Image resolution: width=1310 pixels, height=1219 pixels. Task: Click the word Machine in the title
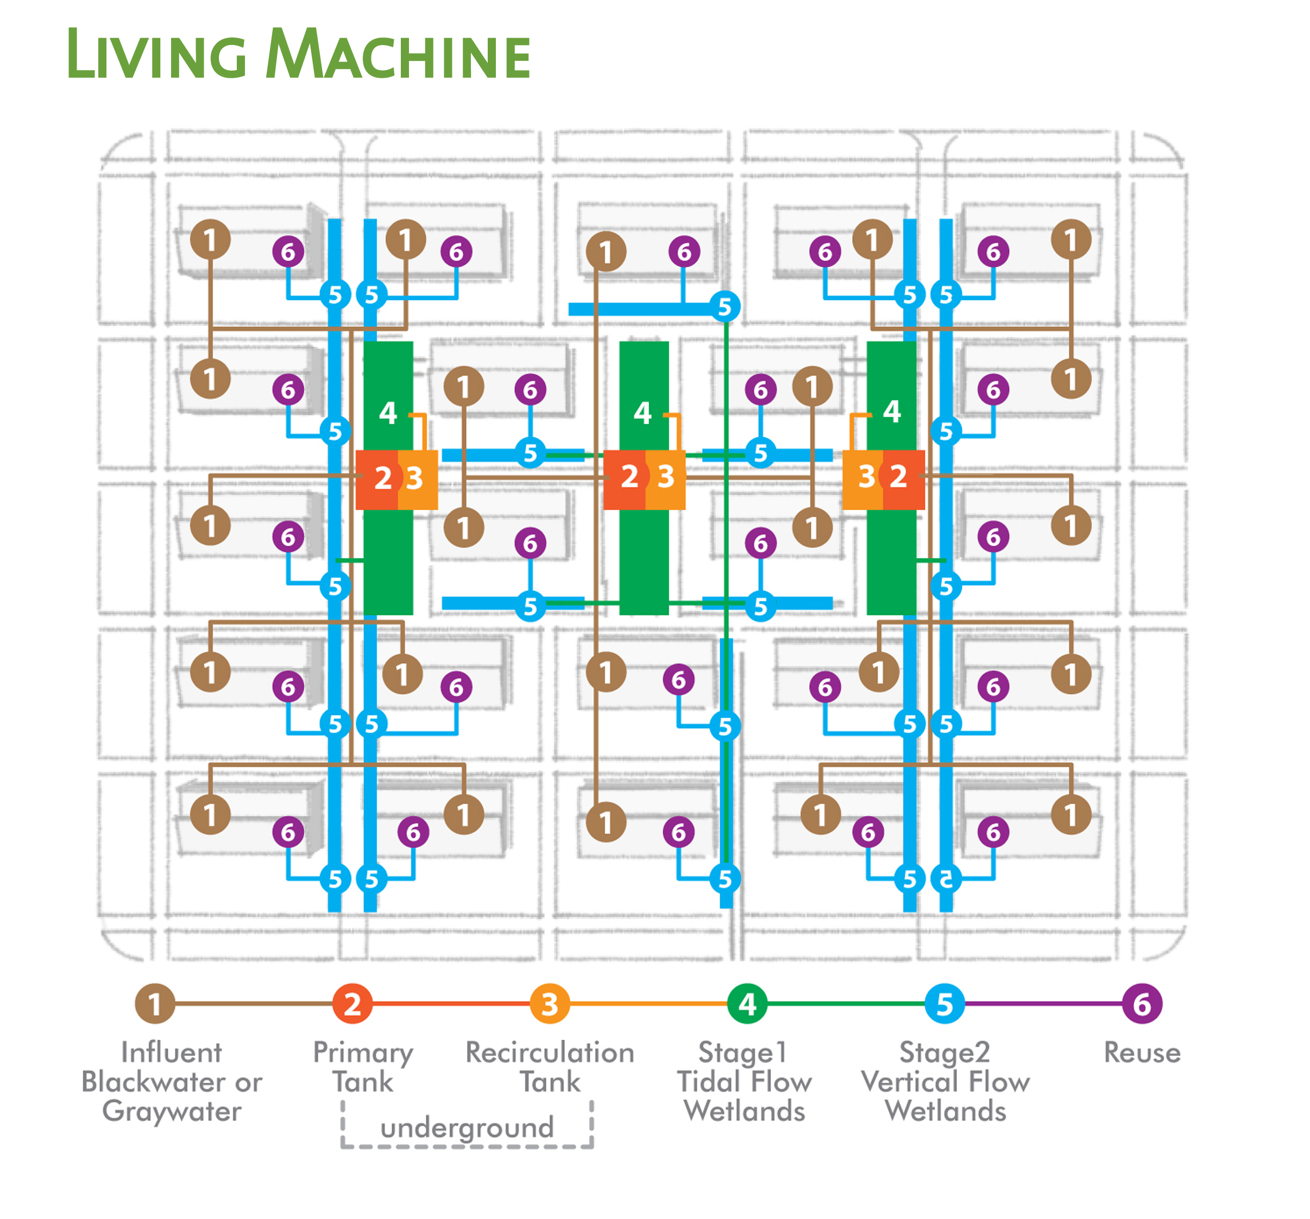point(398,55)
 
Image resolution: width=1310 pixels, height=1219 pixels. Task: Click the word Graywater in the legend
point(172,1111)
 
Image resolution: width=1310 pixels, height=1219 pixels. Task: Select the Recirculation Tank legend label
point(550,1067)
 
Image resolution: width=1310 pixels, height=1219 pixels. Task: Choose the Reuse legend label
point(1142,1053)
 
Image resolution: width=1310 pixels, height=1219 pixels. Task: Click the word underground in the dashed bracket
point(467,1127)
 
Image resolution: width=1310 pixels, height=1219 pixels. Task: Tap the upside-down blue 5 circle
point(946,878)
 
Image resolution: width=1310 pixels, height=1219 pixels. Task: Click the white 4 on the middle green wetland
point(643,413)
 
